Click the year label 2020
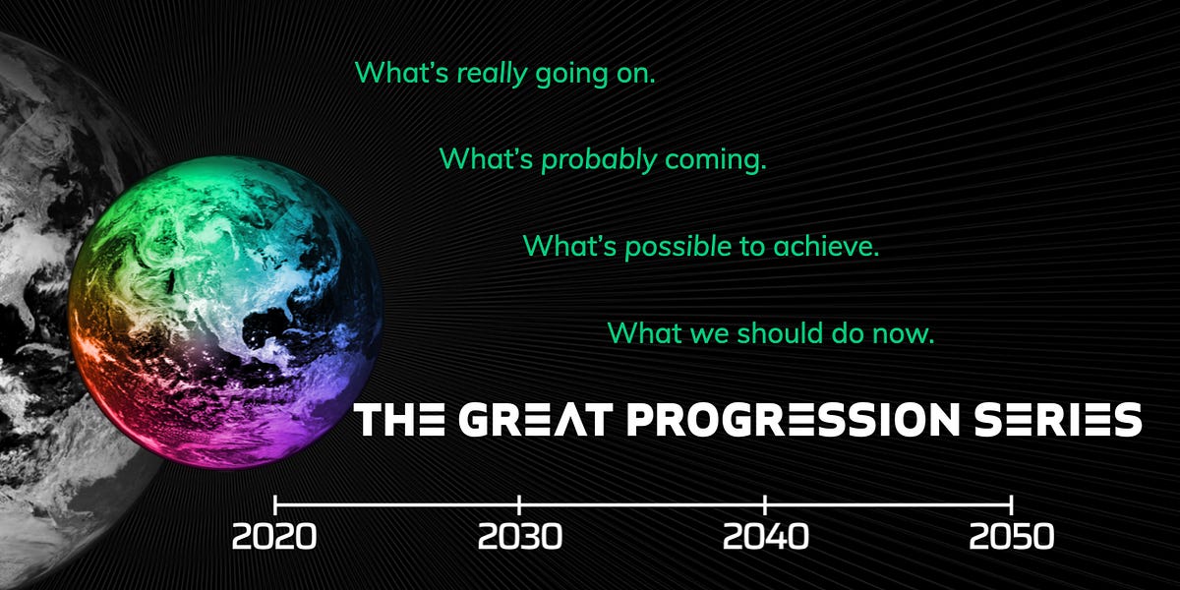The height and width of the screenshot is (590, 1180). click(274, 537)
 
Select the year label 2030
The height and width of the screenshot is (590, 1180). click(520, 537)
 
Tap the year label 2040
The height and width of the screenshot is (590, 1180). click(765, 537)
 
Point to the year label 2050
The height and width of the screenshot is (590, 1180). click(1011, 537)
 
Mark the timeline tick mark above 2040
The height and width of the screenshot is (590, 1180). click(765, 504)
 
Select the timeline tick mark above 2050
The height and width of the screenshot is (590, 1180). click(1011, 504)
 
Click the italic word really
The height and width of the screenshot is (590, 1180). click(492, 74)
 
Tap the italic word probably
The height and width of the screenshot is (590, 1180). click(600, 159)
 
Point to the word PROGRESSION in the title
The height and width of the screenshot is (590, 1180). click(790, 419)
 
